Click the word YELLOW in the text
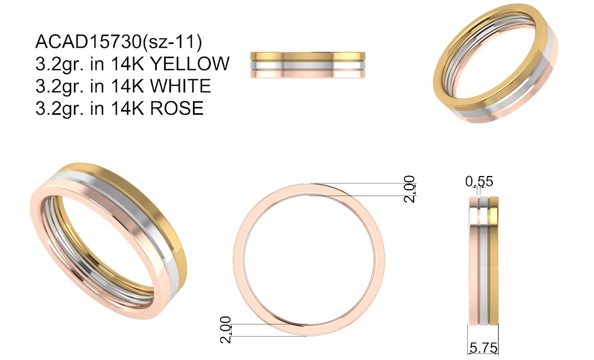(x=190, y=63)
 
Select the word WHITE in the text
(x=181, y=86)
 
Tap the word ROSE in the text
(x=177, y=108)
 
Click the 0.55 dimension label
(x=479, y=182)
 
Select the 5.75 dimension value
(x=483, y=347)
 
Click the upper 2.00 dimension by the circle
(x=409, y=189)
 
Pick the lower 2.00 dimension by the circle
(x=226, y=330)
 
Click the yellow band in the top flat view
(x=308, y=56)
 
